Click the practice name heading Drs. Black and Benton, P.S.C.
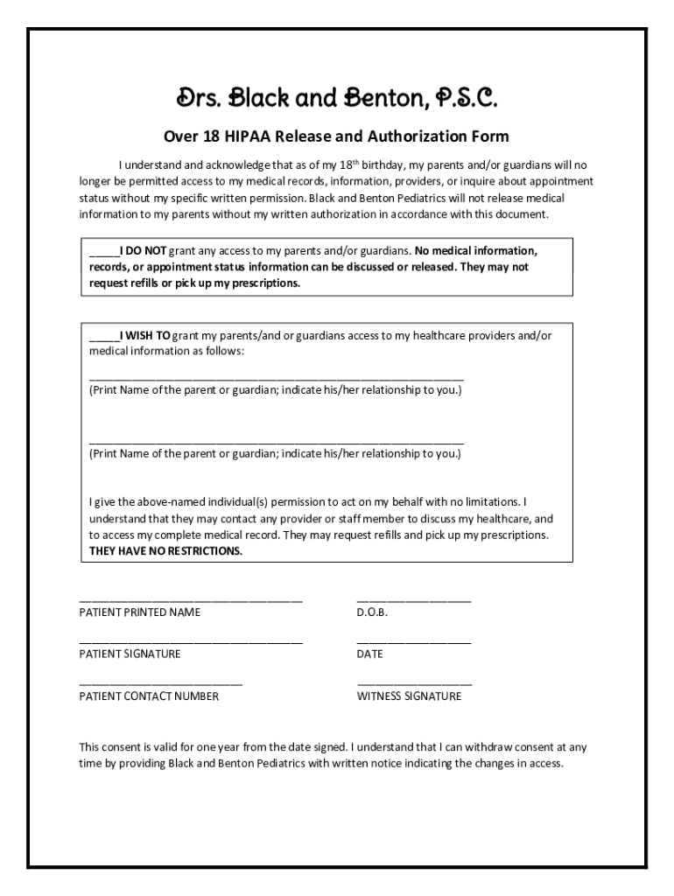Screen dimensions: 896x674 click(337, 98)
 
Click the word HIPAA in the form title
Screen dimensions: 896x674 click(252, 136)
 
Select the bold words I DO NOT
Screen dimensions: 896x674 click(143, 250)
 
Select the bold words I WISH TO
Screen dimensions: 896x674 click(145, 335)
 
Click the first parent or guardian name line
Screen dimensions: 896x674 click(276, 375)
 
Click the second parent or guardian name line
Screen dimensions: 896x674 click(276, 440)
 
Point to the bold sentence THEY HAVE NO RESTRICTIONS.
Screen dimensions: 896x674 click(165, 551)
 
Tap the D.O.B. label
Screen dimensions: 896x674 click(371, 612)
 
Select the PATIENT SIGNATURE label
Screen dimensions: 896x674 click(130, 654)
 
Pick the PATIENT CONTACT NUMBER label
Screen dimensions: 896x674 click(149, 697)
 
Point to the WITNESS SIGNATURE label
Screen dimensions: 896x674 click(408, 697)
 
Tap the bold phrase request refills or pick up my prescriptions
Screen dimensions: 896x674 click(193, 283)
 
